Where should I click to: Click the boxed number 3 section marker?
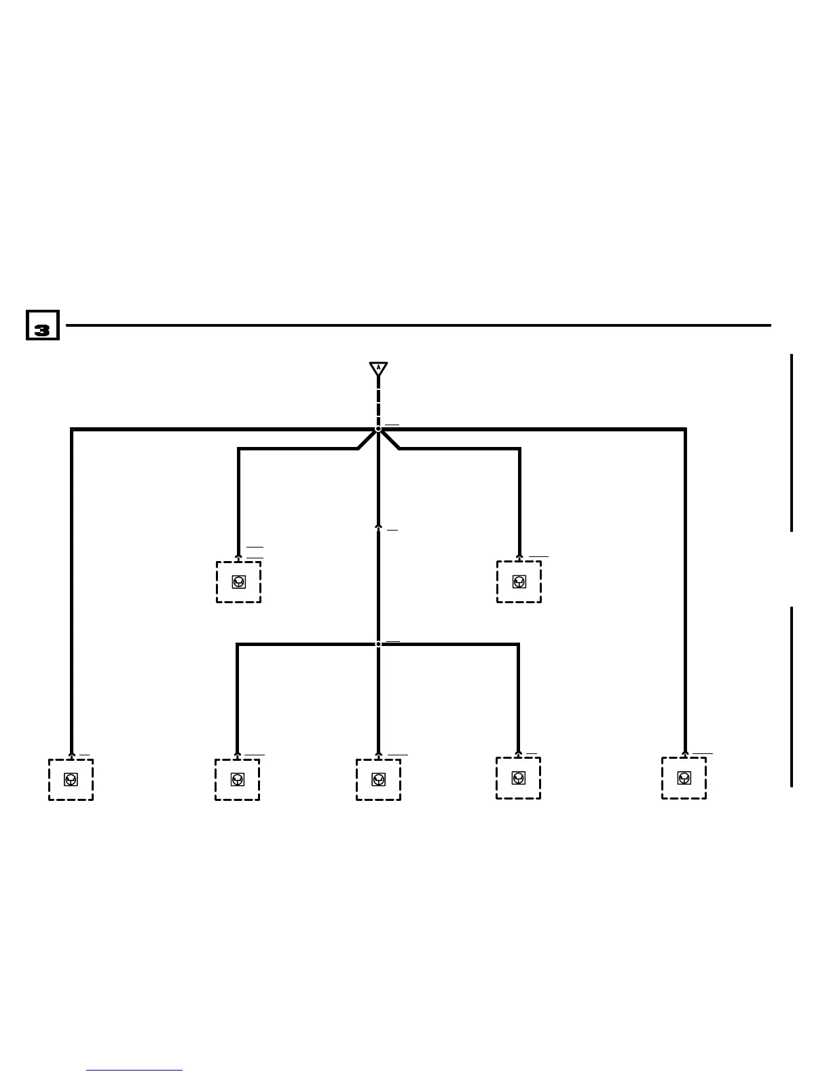pyautogui.click(x=42, y=325)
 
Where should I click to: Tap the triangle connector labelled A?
pyautogui.click(x=378, y=369)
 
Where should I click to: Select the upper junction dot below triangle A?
pyautogui.click(x=378, y=429)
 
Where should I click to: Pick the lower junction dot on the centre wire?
pyautogui.click(x=378, y=644)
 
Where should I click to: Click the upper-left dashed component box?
pyautogui.click(x=238, y=581)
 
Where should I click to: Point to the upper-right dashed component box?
pyautogui.click(x=519, y=581)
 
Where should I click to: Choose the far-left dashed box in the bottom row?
pyautogui.click(x=71, y=779)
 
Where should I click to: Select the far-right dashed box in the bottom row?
pyautogui.click(x=684, y=778)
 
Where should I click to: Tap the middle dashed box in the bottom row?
pyautogui.click(x=378, y=779)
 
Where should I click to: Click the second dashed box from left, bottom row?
pyautogui.click(x=237, y=779)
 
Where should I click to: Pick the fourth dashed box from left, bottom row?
pyautogui.click(x=518, y=778)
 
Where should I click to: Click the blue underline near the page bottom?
pyautogui.click(x=134, y=1071)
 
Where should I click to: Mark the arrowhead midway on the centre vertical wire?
pyautogui.click(x=378, y=526)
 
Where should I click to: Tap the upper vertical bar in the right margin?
pyautogui.click(x=792, y=442)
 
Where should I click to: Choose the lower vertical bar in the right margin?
pyautogui.click(x=792, y=696)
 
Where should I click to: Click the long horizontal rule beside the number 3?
pyautogui.click(x=418, y=325)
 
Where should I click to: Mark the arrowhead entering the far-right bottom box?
pyautogui.click(x=684, y=753)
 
